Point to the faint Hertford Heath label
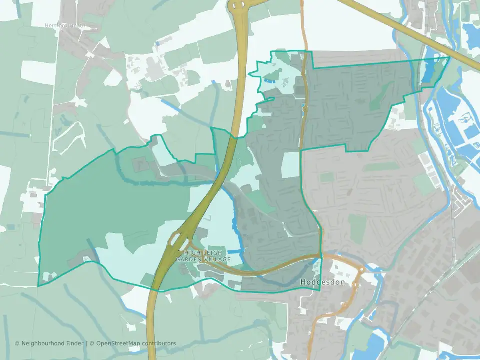tap(64, 25)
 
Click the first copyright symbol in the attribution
tap(17, 343)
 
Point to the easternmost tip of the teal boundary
tap(449, 57)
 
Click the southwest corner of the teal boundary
tap(38, 286)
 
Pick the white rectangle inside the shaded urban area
tap(290, 165)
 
